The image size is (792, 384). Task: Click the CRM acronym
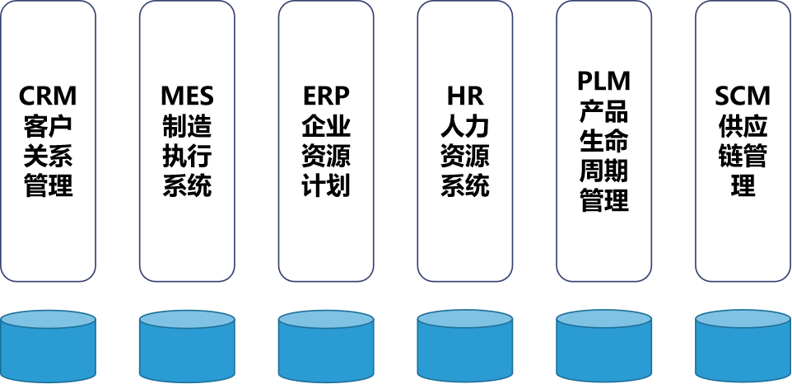[x=48, y=96]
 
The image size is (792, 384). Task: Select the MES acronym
[x=187, y=96]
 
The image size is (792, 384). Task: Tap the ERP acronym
[x=326, y=96]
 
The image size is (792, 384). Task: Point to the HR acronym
[x=465, y=96]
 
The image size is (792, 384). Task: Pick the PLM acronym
[x=604, y=82]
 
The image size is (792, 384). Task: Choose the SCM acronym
[x=743, y=96]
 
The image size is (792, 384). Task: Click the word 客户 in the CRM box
[x=48, y=126]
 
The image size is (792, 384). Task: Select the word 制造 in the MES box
[x=187, y=126]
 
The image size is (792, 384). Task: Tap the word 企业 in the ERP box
[x=326, y=126]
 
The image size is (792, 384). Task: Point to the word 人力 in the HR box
[x=465, y=126]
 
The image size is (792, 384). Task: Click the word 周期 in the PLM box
[x=604, y=171]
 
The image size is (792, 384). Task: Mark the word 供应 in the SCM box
[x=743, y=126]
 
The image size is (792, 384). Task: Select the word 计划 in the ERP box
[x=326, y=185]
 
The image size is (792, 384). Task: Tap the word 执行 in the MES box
[x=187, y=156]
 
